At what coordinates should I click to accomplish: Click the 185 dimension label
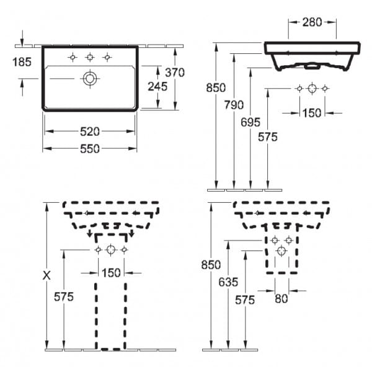click(22, 61)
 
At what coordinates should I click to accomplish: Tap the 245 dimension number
click(158, 87)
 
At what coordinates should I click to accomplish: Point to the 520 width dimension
click(90, 131)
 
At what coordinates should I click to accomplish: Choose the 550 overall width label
click(90, 148)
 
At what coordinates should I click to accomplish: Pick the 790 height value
click(234, 104)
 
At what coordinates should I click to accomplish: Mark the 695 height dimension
click(250, 121)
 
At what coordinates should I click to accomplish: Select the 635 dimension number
click(229, 281)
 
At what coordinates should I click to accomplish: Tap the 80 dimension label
click(281, 298)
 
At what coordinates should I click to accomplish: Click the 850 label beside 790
click(215, 87)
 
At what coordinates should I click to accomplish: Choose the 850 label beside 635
click(212, 265)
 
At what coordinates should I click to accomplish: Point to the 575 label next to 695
click(268, 137)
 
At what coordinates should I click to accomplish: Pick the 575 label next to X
click(63, 297)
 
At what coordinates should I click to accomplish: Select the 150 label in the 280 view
click(312, 113)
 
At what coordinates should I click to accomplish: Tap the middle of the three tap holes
click(90, 58)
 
